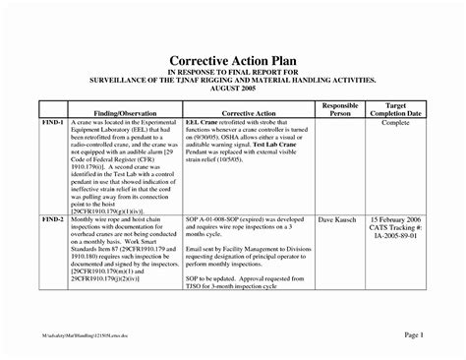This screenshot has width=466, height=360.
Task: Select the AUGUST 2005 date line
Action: pos(232,89)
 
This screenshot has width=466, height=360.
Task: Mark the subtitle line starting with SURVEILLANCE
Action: pos(232,80)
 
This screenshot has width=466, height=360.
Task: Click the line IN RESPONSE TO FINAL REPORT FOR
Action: pos(232,72)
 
